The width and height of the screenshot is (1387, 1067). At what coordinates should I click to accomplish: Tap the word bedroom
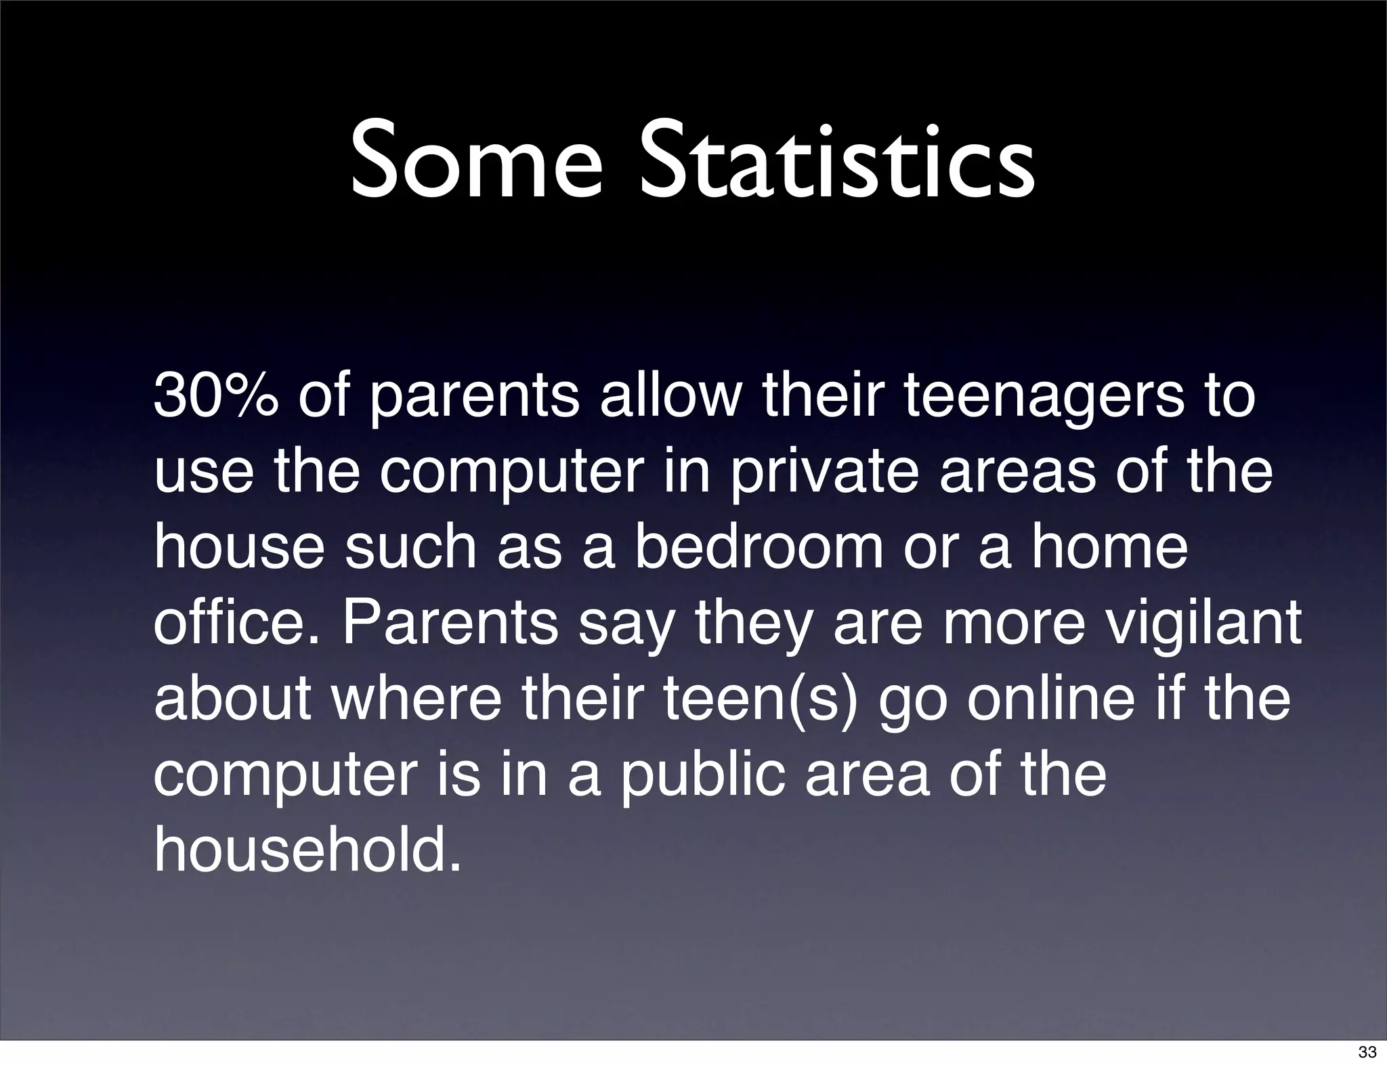tap(759, 547)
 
